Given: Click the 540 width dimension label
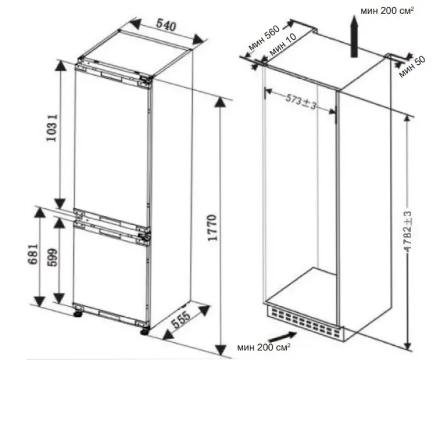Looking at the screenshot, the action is [166, 25].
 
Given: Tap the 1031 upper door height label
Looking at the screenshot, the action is [52, 128].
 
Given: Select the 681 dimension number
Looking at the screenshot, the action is [33, 254].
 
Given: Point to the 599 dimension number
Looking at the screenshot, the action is [52, 258].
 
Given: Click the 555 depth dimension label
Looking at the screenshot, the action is [180, 319].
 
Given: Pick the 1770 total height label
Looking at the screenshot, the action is [212, 228].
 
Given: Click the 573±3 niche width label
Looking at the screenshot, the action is [301, 102].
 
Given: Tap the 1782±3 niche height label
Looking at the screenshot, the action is [408, 231].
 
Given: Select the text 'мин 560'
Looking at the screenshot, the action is [264, 38].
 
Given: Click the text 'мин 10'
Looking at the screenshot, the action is [283, 45].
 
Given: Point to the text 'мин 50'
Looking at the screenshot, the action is [412, 66].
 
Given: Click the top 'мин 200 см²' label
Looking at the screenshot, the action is [387, 11].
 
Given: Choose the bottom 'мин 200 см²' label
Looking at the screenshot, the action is [264, 347].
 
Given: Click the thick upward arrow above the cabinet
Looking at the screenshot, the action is [354, 36].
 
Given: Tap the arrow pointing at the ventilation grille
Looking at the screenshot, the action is [283, 337].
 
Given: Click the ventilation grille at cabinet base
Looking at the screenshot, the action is [305, 322].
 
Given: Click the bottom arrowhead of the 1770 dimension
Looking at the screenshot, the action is [220, 350].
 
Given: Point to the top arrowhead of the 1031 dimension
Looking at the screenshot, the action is [60, 66].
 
